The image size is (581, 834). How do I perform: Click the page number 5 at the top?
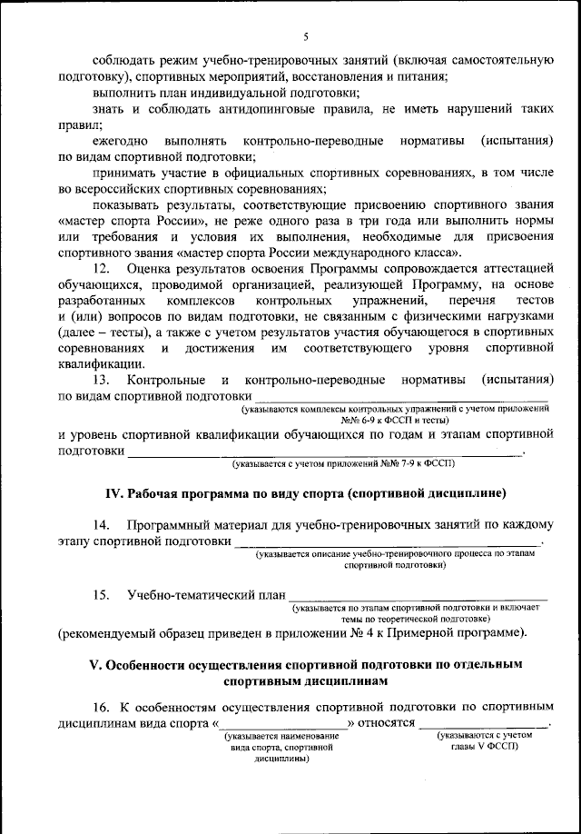coord(306,36)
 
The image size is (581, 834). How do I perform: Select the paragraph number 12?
coord(102,269)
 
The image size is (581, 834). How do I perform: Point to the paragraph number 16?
coord(102,707)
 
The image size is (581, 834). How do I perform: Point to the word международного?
coord(354,252)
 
